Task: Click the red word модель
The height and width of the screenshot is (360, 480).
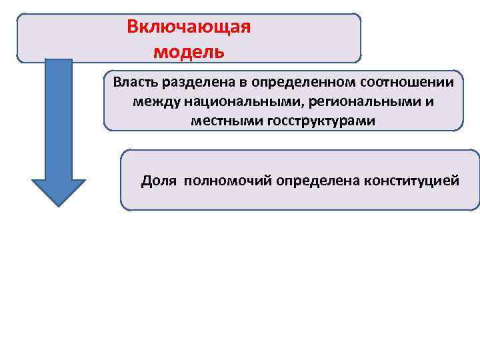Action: [x=189, y=51]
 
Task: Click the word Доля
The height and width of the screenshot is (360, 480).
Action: [x=159, y=181]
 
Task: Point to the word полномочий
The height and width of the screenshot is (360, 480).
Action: [x=223, y=181]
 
